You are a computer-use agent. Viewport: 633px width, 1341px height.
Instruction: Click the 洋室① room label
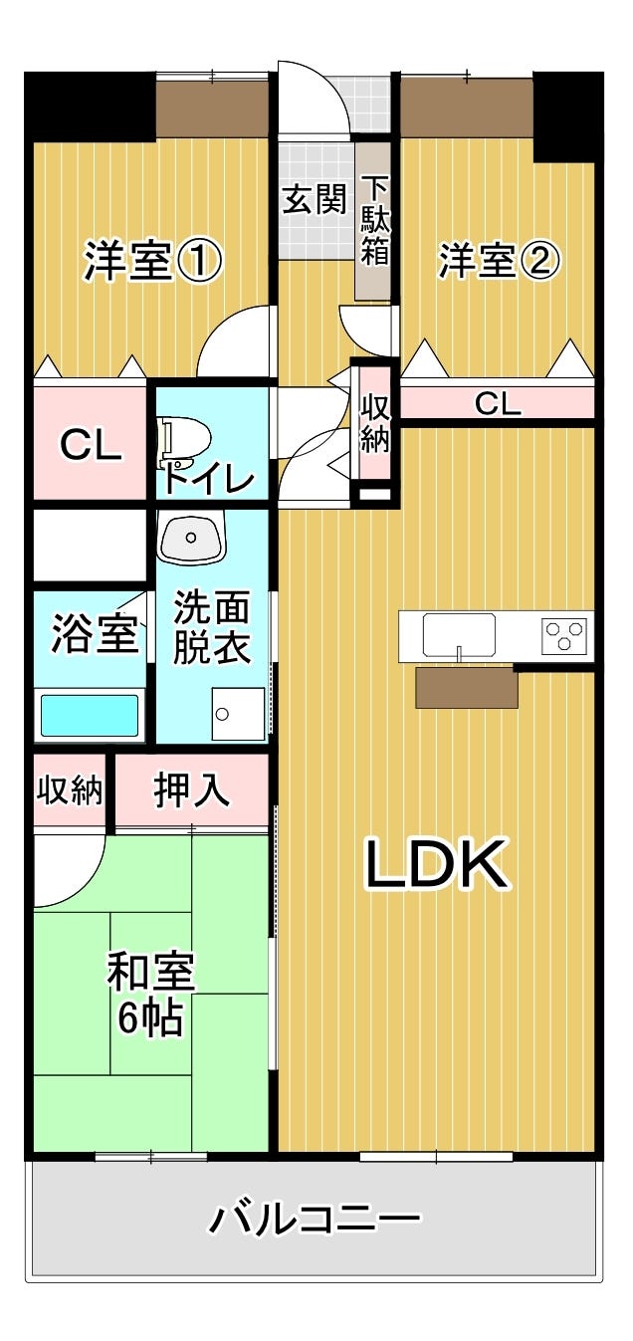[153, 261]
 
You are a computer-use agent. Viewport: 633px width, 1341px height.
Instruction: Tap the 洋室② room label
[500, 261]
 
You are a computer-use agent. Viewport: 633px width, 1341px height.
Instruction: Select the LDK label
[436, 864]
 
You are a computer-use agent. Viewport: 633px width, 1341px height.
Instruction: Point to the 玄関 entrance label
[315, 199]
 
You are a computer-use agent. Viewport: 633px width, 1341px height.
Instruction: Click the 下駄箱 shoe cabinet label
[374, 221]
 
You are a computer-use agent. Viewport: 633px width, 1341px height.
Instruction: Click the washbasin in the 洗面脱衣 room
[191, 537]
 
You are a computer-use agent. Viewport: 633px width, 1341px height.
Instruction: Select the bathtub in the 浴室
[90, 715]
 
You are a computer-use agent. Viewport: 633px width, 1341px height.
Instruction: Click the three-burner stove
[564, 635]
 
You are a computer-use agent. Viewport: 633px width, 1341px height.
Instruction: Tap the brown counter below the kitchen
[467, 688]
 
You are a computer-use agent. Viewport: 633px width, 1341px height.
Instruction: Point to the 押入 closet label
[191, 790]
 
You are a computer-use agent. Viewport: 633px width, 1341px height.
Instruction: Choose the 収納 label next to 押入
[70, 790]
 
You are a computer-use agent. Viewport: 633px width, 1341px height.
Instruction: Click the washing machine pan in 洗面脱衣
[238, 714]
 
